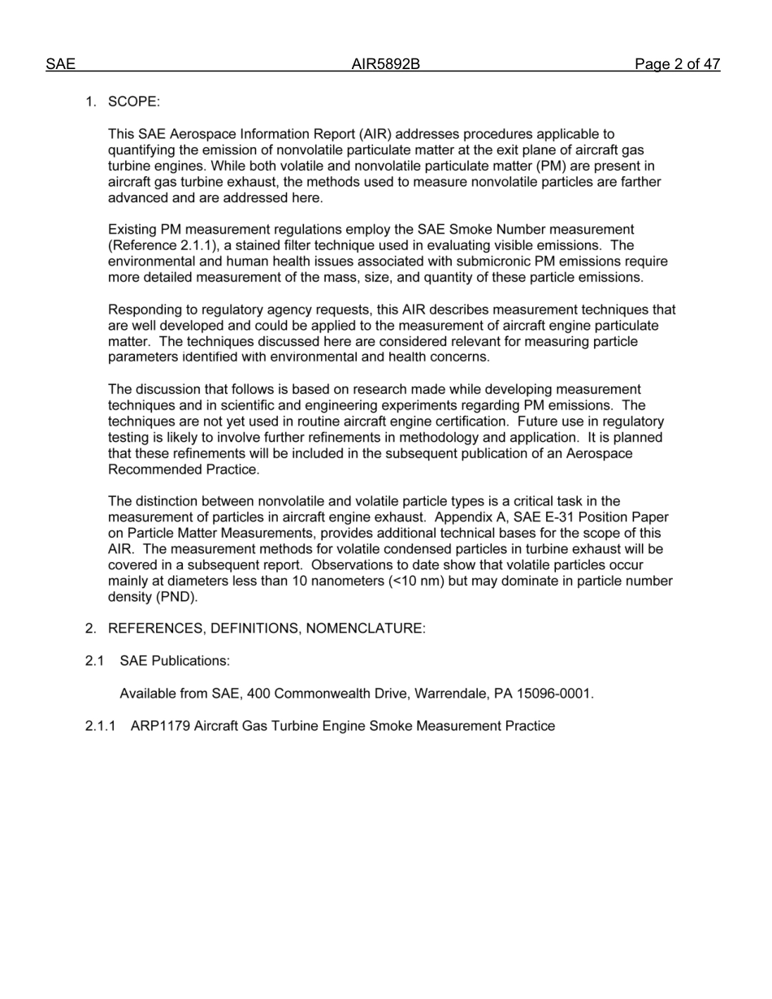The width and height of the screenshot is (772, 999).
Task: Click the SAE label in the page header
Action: coord(60,64)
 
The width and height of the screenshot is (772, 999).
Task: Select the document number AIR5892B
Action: coord(385,64)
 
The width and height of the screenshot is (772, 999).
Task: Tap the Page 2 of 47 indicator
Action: coord(677,64)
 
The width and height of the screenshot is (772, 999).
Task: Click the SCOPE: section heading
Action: coord(134,102)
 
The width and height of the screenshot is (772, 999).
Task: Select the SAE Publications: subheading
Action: coord(175,661)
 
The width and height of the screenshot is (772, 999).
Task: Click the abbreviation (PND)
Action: coord(176,597)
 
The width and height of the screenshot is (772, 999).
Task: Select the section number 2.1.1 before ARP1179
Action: coord(101,726)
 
